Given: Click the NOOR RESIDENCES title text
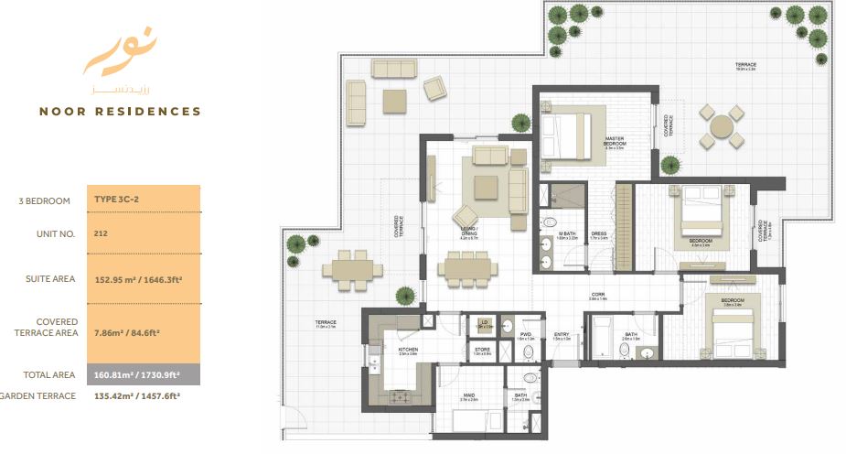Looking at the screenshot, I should point(120,112).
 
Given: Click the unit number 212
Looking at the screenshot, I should point(101,233).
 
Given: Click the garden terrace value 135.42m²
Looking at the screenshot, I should point(137,396).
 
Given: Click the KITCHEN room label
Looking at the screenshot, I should point(408,349).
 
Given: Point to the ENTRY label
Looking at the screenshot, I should point(562,335).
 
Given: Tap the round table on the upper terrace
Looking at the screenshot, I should point(722,126).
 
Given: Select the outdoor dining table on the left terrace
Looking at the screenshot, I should point(352,270).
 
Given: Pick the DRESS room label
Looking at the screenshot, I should point(600,233).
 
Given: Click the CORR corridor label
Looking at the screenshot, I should point(599,296).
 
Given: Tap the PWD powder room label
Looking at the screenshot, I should point(526,335).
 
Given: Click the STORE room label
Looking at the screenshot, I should point(482,350).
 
